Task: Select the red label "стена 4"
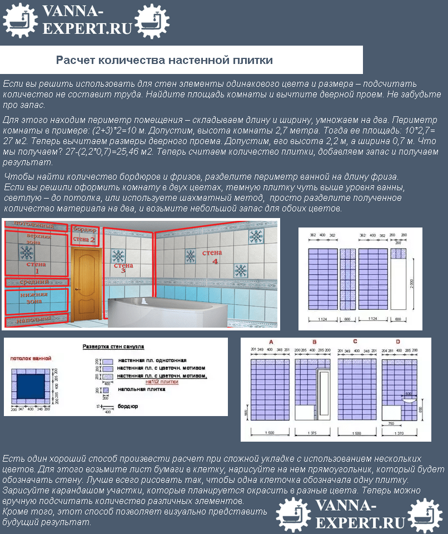(212, 256)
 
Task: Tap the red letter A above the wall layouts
(271, 342)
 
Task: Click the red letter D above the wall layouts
(397, 342)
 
